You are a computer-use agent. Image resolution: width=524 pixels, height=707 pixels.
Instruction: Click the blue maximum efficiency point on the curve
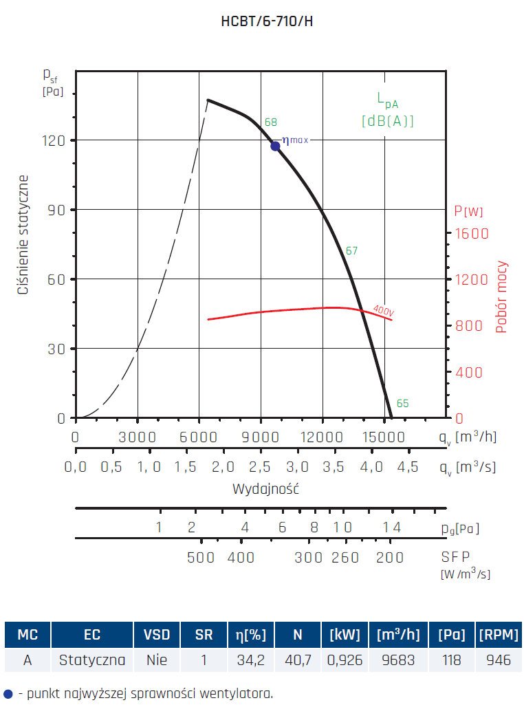(275, 146)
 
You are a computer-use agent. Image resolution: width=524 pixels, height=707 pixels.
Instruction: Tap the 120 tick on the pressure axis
(54, 140)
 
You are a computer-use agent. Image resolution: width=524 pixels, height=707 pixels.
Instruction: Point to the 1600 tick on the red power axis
(471, 233)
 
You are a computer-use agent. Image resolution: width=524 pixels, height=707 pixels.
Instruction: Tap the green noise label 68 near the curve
(271, 122)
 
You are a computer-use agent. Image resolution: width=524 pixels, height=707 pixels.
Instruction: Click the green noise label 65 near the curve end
(402, 404)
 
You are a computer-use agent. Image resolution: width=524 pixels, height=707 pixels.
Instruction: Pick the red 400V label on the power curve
(384, 310)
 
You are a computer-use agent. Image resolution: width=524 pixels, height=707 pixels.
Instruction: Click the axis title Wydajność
(265, 490)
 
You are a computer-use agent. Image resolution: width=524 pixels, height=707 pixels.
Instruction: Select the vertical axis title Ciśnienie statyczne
(23, 235)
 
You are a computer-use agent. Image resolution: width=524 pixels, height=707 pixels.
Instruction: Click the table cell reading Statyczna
(92, 660)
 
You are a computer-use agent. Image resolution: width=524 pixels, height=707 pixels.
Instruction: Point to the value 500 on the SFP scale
(201, 557)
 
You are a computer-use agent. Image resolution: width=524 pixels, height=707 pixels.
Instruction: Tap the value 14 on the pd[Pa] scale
(391, 527)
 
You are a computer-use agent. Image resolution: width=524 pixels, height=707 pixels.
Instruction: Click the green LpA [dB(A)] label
(388, 110)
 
